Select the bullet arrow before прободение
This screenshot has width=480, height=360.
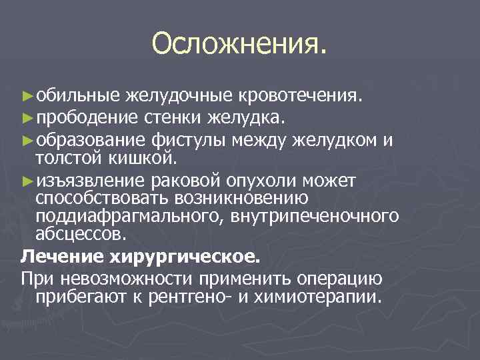(x=27, y=119)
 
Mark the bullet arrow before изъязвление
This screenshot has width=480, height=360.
(x=27, y=181)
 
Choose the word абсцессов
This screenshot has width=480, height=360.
(x=79, y=235)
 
